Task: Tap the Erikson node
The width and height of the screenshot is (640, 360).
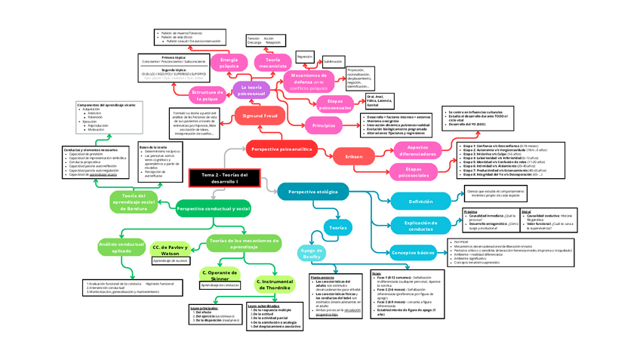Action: pyautogui.click(x=355, y=157)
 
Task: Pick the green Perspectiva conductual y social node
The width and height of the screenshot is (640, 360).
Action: pyautogui.click(x=214, y=208)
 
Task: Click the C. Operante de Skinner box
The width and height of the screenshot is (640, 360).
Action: pyautogui.click(x=220, y=275)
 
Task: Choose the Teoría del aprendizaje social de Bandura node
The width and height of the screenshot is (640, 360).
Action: pyautogui.click(x=138, y=201)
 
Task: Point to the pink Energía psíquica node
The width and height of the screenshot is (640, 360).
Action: pyautogui.click(x=229, y=63)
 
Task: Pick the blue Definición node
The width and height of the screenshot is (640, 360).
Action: pyautogui.click(x=420, y=202)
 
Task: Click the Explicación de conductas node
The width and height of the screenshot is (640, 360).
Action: pyautogui.click(x=420, y=225)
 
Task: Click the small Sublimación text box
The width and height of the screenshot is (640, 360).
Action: pyautogui.click(x=333, y=61)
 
